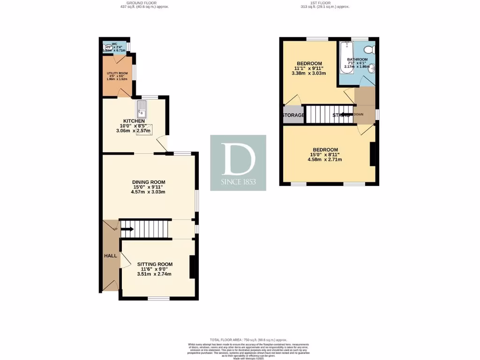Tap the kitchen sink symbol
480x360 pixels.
(142, 110)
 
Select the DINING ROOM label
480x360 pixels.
(149, 182)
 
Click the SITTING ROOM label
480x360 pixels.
(155, 264)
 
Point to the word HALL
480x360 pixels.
(110, 256)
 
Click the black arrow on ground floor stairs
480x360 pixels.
(127, 229)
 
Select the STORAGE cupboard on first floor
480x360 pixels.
(293, 115)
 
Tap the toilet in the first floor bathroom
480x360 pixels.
(369, 49)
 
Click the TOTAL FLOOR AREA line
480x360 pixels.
(248, 340)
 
